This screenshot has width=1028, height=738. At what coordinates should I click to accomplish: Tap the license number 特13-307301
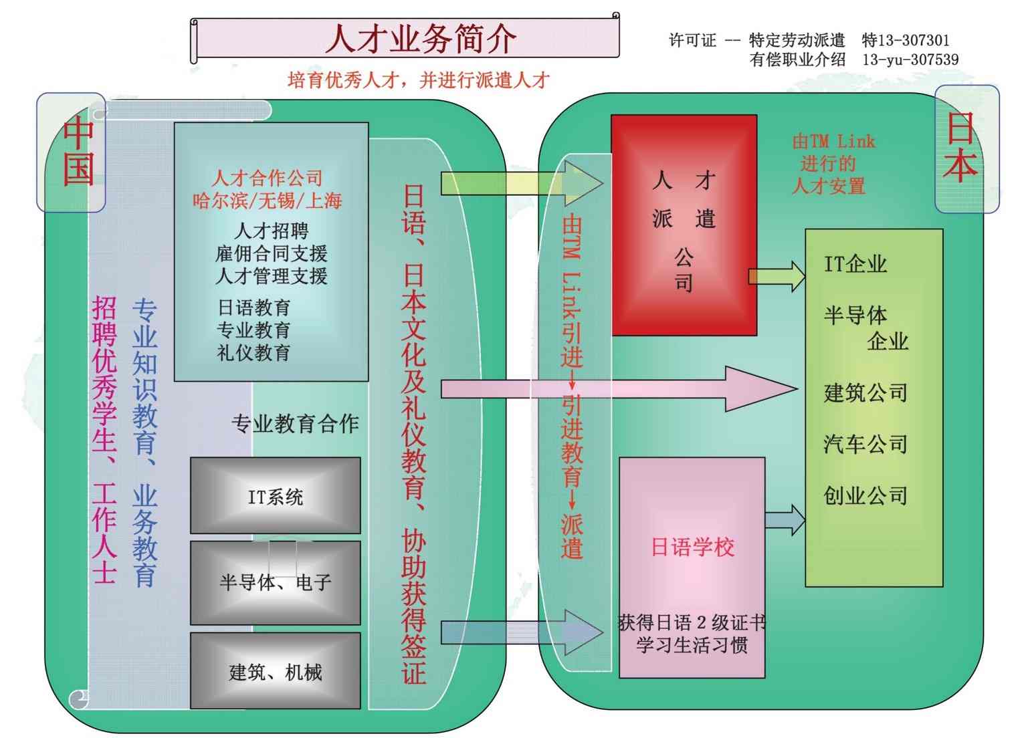pyautogui.click(x=906, y=40)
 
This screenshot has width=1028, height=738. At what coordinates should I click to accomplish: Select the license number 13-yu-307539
pyautogui.click(x=910, y=59)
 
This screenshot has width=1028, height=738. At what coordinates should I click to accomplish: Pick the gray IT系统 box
pyautogui.click(x=275, y=496)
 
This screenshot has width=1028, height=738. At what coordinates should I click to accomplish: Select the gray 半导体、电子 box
pyautogui.click(x=275, y=582)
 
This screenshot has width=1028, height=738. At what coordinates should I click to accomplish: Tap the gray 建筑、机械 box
pyautogui.click(x=275, y=671)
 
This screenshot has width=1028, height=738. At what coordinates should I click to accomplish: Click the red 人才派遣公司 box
pyautogui.click(x=684, y=225)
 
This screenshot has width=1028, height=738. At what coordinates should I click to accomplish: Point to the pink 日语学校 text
pyautogui.click(x=692, y=547)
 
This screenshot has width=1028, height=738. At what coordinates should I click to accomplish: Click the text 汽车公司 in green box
pyautogui.click(x=865, y=444)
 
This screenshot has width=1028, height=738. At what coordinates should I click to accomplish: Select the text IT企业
pyautogui.click(x=855, y=264)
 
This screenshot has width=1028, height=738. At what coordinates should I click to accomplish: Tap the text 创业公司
pyautogui.click(x=865, y=495)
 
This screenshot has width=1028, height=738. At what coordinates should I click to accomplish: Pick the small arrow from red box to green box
pyautogui.click(x=777, y=275)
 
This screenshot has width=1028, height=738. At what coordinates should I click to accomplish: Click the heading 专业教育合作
pyautogui.click(x=295, y=423)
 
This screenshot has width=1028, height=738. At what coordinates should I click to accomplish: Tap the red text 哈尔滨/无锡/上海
pyautogui.click(x=267, y=200)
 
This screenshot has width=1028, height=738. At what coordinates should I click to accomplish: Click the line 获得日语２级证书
pyautogui.click(x=692, y=623)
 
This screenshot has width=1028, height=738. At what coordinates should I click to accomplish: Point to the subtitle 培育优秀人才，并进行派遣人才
pyautogui.click(x=418, y=80)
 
